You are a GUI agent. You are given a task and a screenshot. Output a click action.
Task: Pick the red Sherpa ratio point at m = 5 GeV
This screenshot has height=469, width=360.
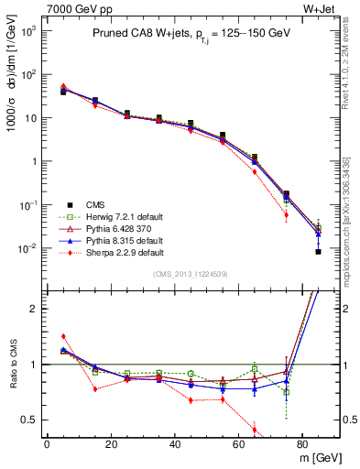click(63, 336)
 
